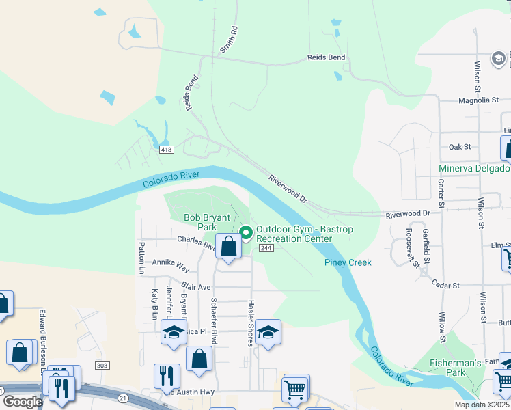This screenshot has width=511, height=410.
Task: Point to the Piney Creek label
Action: [x=348, y=262]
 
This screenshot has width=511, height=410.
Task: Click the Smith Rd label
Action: [x=228, y=40]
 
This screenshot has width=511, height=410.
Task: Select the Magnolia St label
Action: [x=478, y=100]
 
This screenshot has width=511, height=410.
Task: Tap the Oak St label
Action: [x=460, y=147]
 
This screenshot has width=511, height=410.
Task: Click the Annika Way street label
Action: [x=170, y=262]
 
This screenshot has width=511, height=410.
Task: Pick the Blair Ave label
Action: [x=196, y=287]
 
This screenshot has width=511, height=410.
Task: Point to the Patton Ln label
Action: [x=142, y=257]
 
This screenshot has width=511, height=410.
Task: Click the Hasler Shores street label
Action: [x=251, y=323]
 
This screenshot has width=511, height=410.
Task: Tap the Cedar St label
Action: [x=445, y=286]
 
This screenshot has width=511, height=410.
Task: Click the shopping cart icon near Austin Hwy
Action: [x=295, y=389]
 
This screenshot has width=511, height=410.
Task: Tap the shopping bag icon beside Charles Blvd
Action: [x=230, y=246]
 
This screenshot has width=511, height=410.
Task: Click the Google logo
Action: [x=22, y=402]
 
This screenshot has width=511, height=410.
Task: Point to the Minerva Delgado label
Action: [x=473, y=168]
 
